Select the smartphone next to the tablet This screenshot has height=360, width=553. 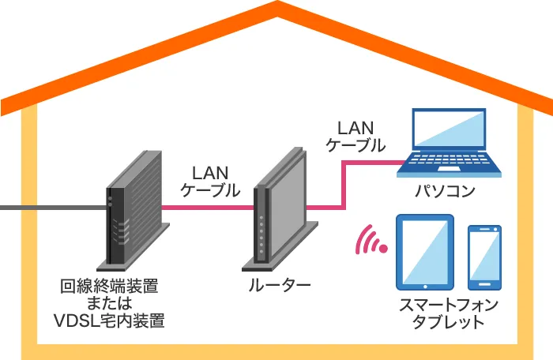pos(484,257)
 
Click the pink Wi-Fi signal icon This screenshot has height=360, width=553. pos(371,242)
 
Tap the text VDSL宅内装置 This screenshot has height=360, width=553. pos(109,321)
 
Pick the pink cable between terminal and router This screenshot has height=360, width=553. pos(210,208)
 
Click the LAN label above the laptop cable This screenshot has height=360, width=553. pos(355,127)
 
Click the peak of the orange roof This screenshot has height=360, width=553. pos(276,9)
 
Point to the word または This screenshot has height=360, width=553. pos(109,303)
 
